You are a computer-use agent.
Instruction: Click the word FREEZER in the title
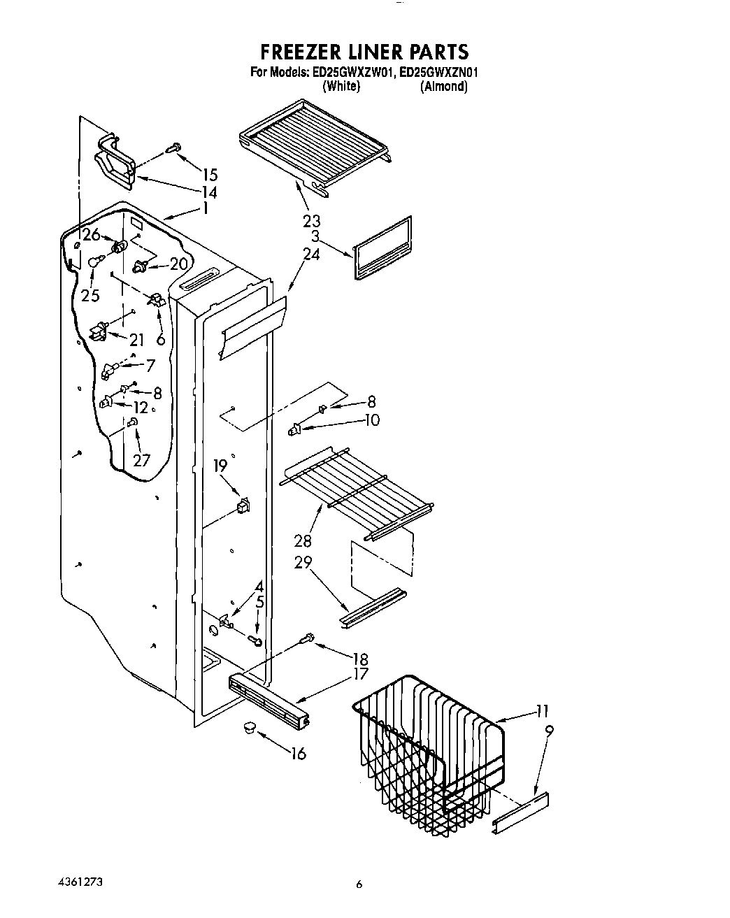pos(303,52)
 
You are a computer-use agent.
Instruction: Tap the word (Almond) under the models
pos(443,86)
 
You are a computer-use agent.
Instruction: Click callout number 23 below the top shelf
pos(311,221)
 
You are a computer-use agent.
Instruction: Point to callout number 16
pos(298,754)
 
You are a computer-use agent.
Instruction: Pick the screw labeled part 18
pos(306,638)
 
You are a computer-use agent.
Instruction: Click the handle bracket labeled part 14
pos(114,163)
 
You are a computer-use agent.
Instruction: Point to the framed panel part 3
pos(383,248)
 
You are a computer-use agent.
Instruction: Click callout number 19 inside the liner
pos(220,466)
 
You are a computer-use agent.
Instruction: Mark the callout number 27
pos(141,460)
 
